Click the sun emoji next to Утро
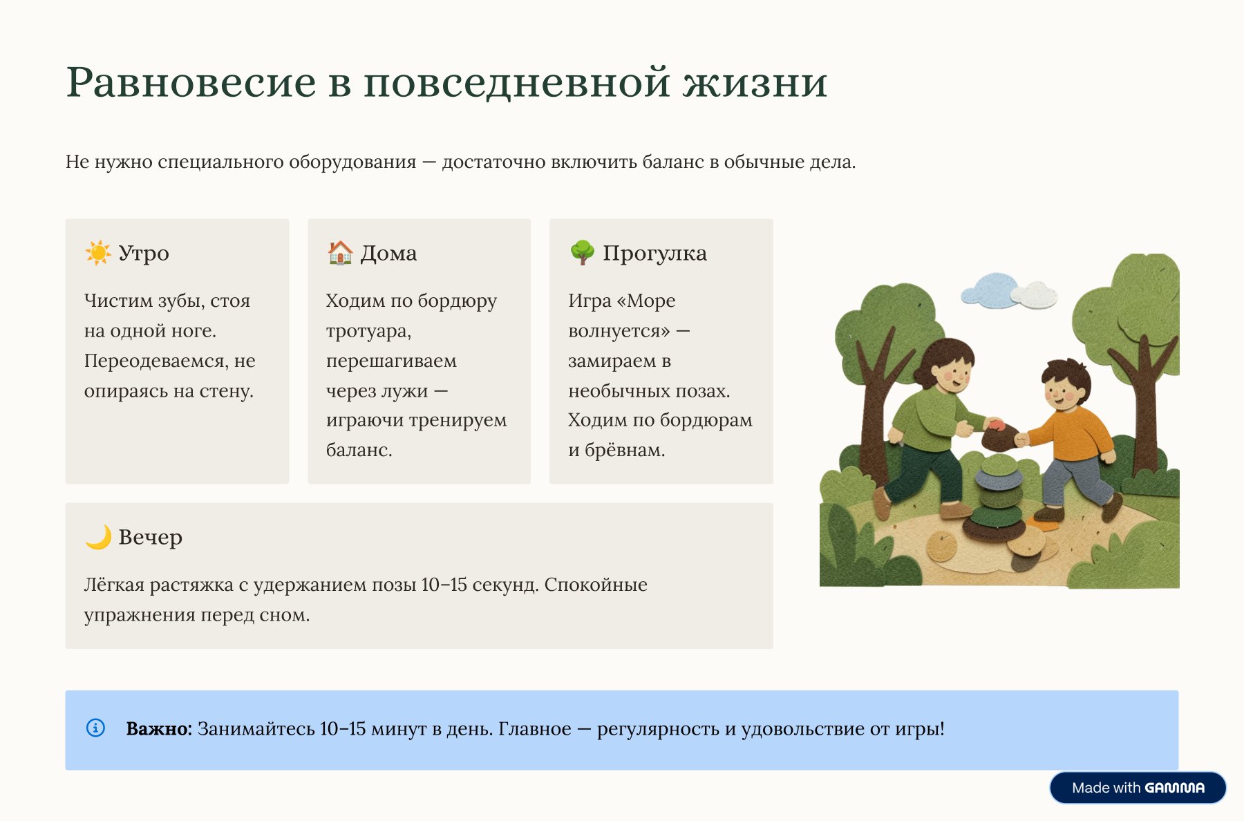[97, 253]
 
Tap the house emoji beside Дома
[340, 253]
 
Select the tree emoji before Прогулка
[582, 253]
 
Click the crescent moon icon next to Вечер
[98, 537]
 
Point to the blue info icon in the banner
[95, 728]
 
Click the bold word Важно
[158, 728]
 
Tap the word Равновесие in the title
[191, 82]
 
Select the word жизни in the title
[755, 82]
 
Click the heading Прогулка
[654, 253]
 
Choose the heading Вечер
[150, 537]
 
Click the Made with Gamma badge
[1138, 788]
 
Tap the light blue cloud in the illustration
[988, 290]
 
